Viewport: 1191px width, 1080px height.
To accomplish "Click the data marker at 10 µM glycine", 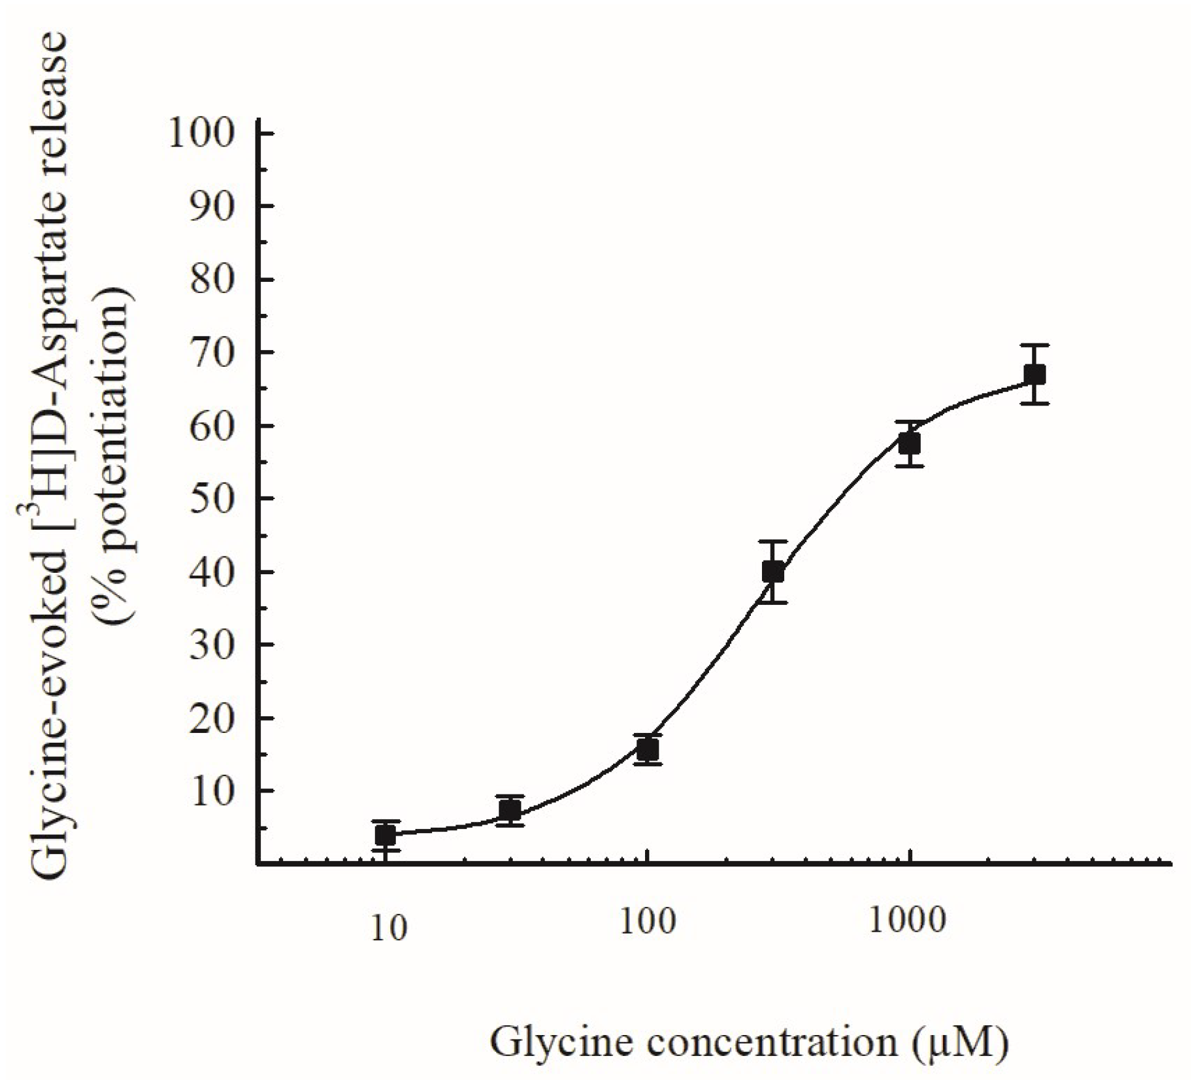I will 385,835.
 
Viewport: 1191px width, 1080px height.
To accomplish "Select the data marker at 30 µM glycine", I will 510,809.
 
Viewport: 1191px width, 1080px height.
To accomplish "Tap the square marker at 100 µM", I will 648,750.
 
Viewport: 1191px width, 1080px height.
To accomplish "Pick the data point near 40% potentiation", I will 773,572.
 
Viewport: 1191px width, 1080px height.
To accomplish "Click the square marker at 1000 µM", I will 909,443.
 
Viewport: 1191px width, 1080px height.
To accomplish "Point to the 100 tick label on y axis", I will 201,134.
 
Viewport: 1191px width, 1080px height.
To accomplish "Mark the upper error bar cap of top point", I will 1035,345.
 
